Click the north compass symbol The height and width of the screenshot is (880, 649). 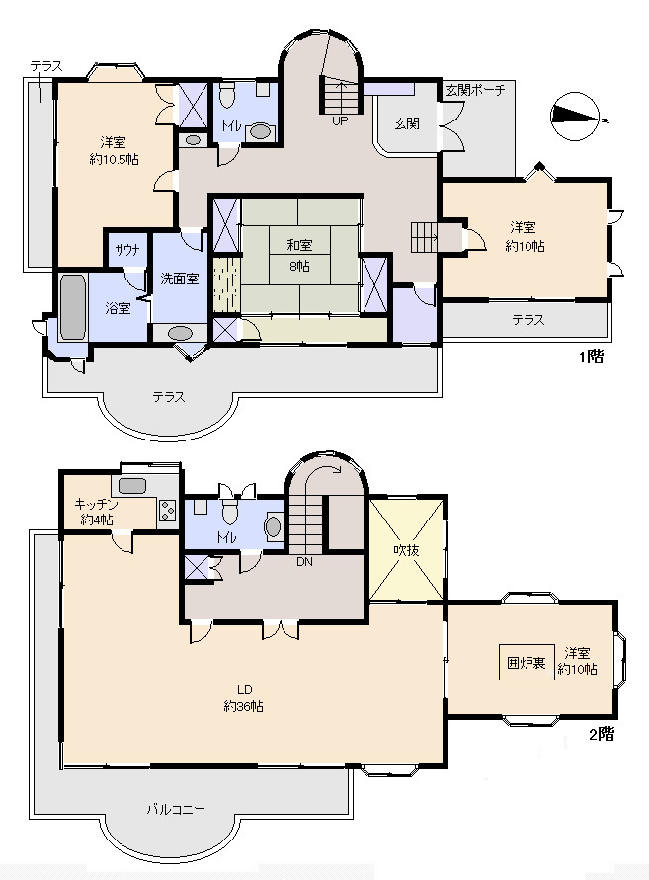579,117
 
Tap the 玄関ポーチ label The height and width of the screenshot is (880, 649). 475,90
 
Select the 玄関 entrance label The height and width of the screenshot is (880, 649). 407,123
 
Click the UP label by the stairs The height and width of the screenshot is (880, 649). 340,120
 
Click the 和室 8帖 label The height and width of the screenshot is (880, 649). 299,255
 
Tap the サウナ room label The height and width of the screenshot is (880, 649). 127,250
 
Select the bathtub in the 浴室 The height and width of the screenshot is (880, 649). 73,307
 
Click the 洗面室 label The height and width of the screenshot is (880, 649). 180,279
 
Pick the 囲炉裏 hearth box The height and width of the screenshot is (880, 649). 527,663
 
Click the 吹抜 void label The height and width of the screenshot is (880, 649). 406,550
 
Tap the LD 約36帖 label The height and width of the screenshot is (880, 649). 244,698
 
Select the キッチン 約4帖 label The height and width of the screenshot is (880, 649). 97,512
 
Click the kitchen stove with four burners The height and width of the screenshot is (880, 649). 167,511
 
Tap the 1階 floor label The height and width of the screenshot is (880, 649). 591,357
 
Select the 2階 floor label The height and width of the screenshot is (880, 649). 602,734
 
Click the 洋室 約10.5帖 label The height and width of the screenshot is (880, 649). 114,151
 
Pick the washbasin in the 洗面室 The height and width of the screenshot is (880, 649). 180,333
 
